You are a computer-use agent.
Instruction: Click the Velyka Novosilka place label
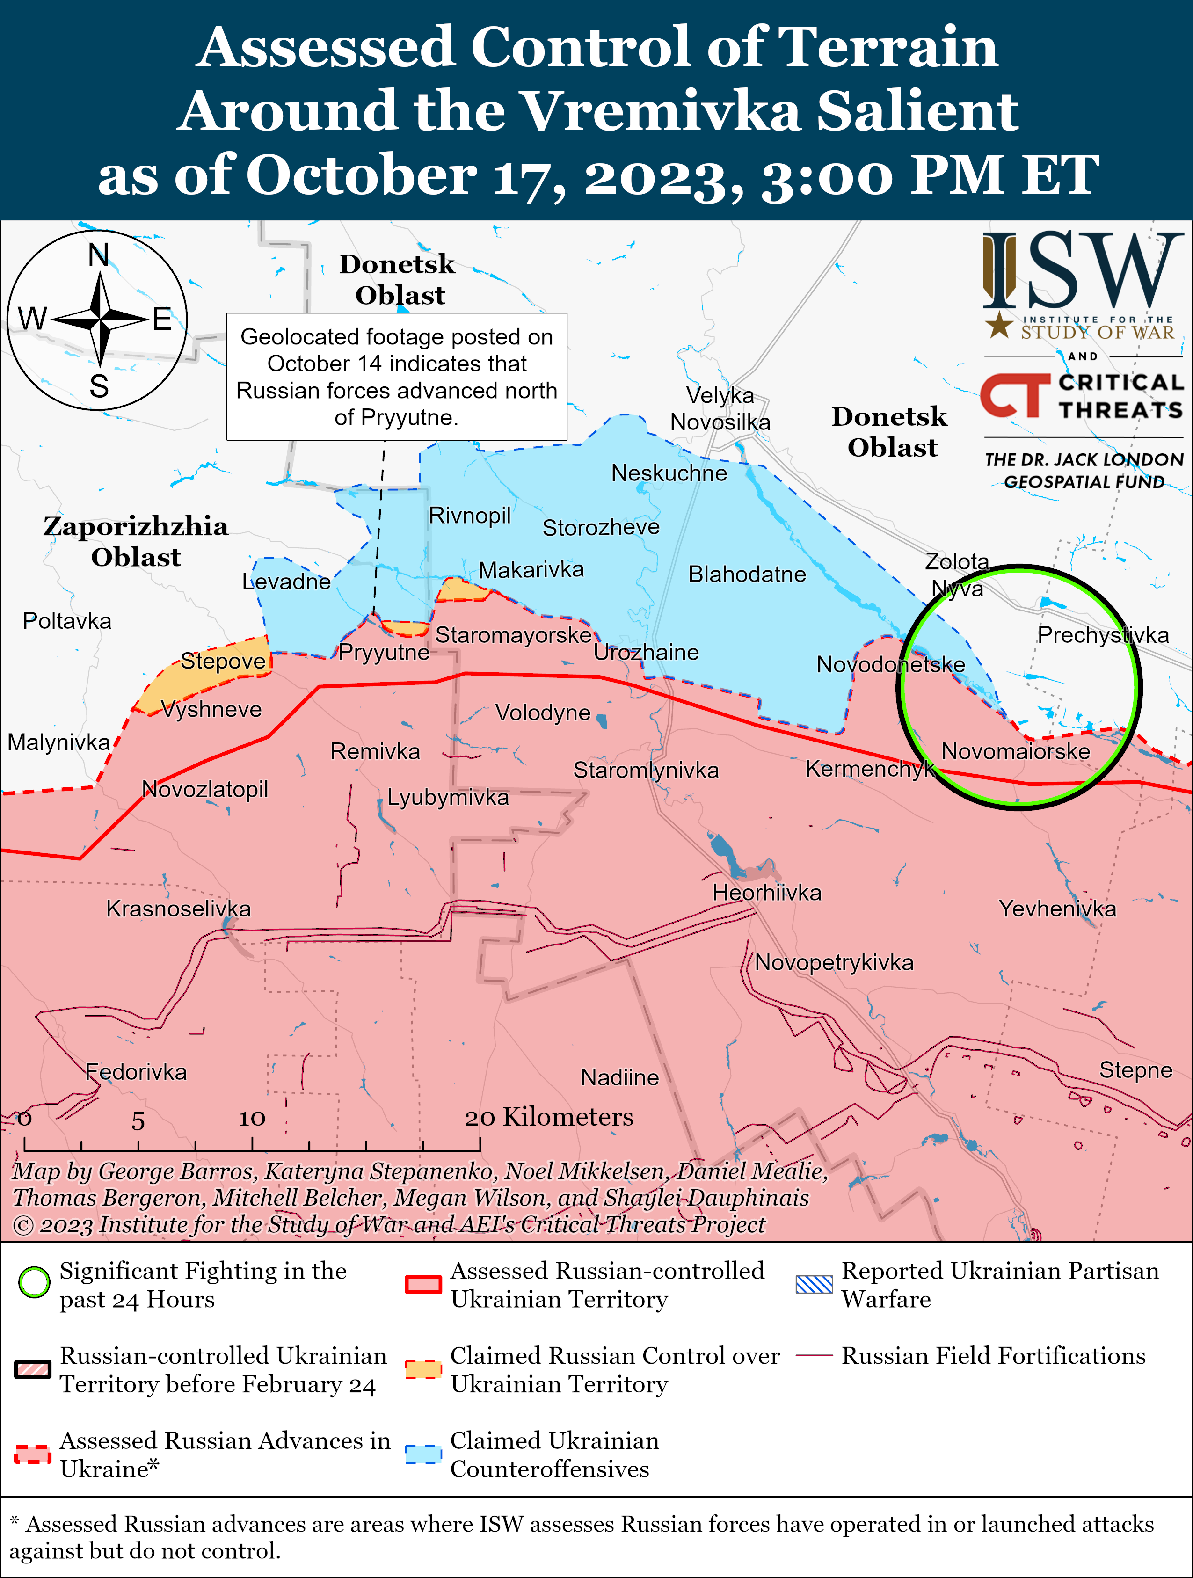720,409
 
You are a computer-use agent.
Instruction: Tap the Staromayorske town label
513,635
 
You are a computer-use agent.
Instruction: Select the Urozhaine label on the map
646,652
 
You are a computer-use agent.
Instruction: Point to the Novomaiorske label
1015,751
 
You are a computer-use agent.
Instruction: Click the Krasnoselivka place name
178,909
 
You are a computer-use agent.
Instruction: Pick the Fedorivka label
136,1071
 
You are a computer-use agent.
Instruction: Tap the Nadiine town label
619,1077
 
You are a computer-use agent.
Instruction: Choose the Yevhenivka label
1057,909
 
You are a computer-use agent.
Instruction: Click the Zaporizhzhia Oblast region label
136,541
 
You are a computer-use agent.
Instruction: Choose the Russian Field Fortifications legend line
814,1355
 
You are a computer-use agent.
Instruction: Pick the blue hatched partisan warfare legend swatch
814,1284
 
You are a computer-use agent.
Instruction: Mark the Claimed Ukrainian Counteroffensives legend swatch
423,1454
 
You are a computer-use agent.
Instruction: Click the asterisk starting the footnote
15,1522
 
